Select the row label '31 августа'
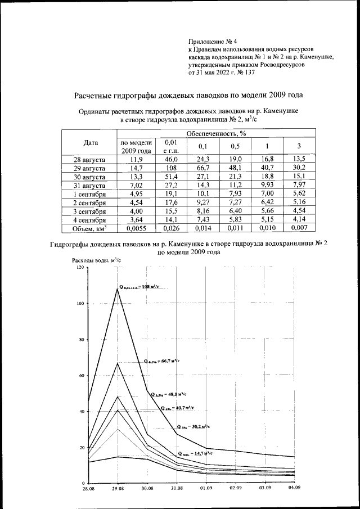(x=90, y=184)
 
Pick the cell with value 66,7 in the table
(x=202, y=168)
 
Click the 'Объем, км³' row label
(x=90, y=229)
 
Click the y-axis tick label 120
(x=79, y=268)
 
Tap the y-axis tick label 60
(x=80, y=376)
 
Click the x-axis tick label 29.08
(x=118, y=489)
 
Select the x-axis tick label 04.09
(x=293, y=489)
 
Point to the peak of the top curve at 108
(x=118, y=289)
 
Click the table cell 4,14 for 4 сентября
(x=298, y=220)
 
